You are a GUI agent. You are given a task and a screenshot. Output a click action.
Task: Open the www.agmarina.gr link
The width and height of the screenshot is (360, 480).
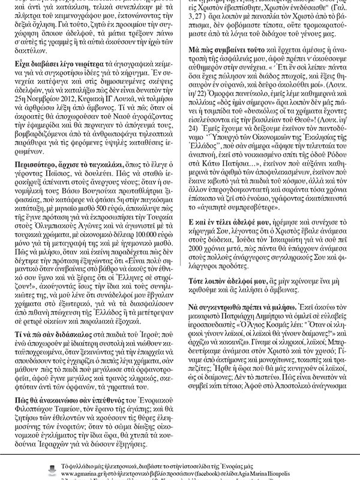[x=72, y=473]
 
